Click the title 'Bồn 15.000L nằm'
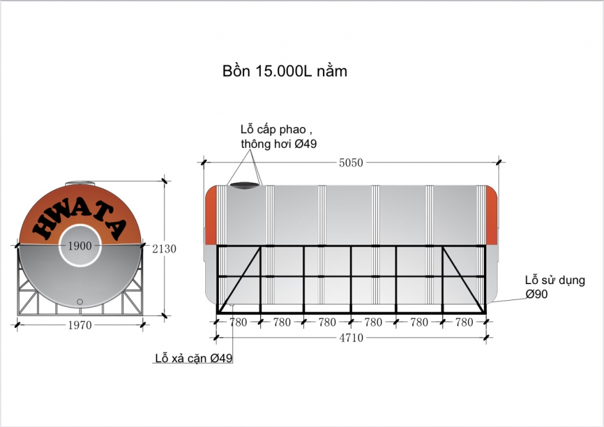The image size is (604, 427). pyautogui.click(x=284, y=71)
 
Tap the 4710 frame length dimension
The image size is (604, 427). pyautogui.click(x=351, y=338)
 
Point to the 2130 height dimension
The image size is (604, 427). pyautogui.click(x=164, y=249)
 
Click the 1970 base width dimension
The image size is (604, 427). pyautogui.click(x=80, y=325)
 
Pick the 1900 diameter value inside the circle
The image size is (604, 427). pyautogui.click(x=80, y=246)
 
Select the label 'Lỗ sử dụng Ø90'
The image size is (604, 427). pyautogui.click(x=554, y=287)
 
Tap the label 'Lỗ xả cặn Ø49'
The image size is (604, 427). pyautogui.click(x=194, y=358)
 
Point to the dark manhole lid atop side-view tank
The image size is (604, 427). pyautogui.click(x=243, y=184)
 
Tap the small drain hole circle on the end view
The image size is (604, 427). pyautogui.click(x=80, y=301)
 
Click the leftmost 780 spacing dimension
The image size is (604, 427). pyautogui.click(x=238, y=322)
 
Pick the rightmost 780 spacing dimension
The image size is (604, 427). pyautogui.click(x=463, y=322)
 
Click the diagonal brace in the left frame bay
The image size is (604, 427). pyautogui.click(x=239, y=279)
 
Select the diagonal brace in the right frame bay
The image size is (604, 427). pyautogui.click(x=463, y=279)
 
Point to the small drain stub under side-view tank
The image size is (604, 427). pyautogui.click(x=232, y=304)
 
